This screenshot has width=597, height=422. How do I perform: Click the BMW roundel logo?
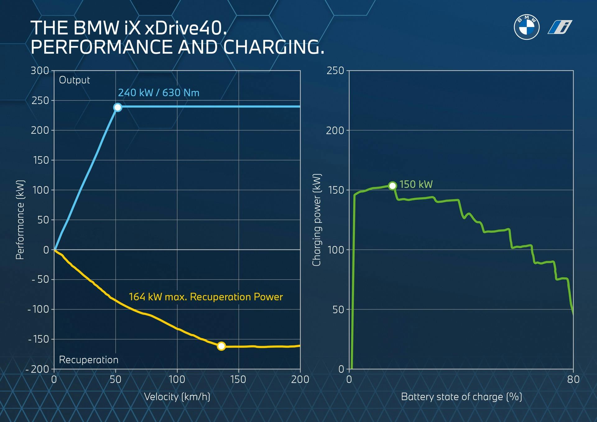tap(526, 27)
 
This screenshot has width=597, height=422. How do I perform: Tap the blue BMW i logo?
tap(560, 27)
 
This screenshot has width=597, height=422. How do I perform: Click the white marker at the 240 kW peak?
tap(118, 108)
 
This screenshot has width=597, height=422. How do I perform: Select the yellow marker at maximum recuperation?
tap(221, 346)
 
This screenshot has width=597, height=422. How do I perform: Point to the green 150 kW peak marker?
tap(392, 186)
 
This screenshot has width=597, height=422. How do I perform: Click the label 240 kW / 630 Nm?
tap(159, 93)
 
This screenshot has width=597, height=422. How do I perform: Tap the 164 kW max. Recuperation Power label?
tap(206, 297)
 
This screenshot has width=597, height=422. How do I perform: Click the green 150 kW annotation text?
tap(416, 185)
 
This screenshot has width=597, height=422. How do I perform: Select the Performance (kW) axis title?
tap(20, 219)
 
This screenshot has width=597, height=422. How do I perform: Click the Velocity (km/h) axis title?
tap(177, 397)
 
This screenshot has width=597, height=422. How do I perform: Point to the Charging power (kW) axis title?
tap(317, 219)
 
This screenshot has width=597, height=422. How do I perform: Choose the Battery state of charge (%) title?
tap(461, 397)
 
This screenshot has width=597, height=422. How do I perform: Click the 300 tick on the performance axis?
tap(40, 71)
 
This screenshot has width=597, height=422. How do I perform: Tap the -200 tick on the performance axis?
tap(38, 369)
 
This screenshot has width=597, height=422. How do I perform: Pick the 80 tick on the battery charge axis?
tap(573, 379)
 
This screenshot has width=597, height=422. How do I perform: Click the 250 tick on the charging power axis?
tap(335, 71)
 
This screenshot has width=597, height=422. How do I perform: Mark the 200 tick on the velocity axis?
tap(300, 379)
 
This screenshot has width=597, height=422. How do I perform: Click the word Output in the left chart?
tap(74, 80)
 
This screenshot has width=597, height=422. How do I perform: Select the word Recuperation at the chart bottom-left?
tap(89, 360)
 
